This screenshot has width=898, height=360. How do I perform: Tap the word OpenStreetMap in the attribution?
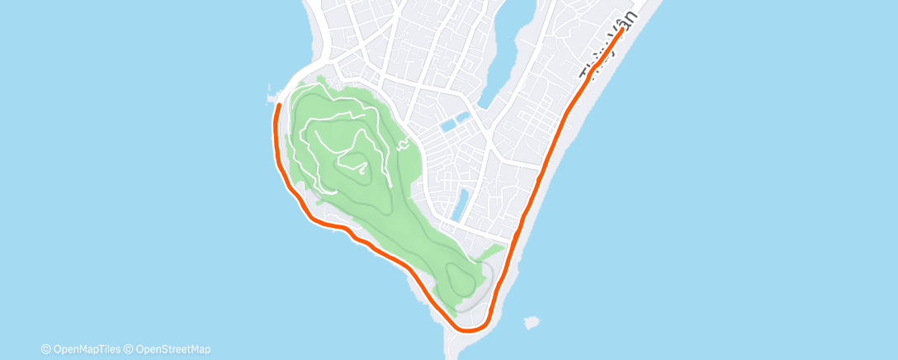pyautogui.click(x=173, y=349)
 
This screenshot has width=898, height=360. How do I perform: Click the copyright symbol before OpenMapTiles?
pyautogui.click(x=45, y=349)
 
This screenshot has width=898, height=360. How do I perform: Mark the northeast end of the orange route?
pyautogui.click(x=621, y=30)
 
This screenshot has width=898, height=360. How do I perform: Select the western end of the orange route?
pyautogui.click(x=278, y=105)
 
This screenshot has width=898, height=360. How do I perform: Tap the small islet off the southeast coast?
pyautogui.click(x=532, y=321)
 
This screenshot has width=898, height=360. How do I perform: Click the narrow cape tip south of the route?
pyautogui.click(x=456, y=347)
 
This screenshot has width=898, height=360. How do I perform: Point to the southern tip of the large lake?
pyautogui.click(x=485, y=106)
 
